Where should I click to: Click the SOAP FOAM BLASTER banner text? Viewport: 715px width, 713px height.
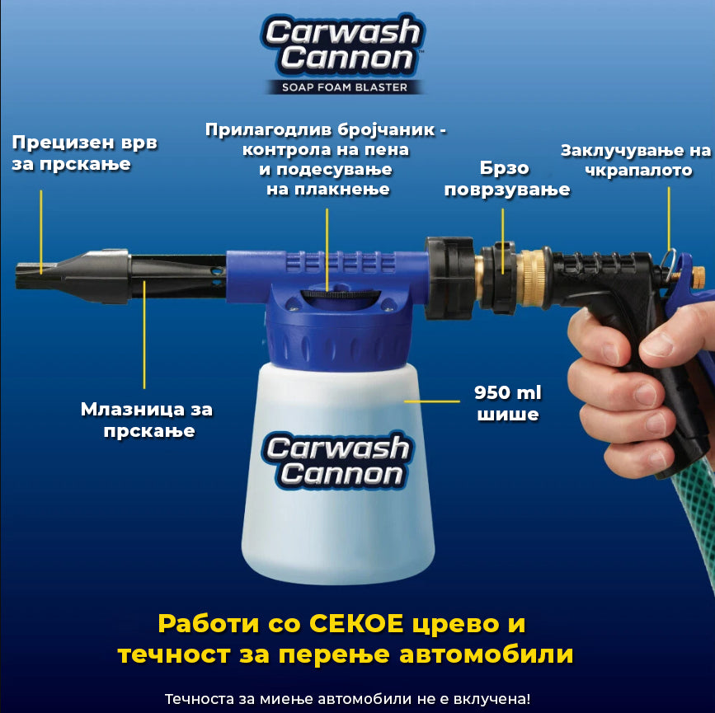pos(344,87)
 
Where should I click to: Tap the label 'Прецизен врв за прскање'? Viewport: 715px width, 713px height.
pos(85,153)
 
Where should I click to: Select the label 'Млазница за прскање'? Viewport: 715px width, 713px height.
pos(147,420)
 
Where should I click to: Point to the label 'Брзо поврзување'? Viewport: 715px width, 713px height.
pos(507,179)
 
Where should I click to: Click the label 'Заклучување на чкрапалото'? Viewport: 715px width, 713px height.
pos(636,160)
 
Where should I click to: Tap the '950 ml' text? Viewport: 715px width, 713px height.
pos(507,392)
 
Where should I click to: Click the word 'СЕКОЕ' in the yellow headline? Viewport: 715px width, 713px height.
pos(356,624)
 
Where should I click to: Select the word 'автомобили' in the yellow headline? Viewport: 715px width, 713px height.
pos(486,654)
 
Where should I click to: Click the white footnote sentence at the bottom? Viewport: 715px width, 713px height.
pos(347,699)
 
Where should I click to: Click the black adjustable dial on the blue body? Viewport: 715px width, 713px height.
pos(340,294)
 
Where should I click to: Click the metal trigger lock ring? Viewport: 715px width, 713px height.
pos(667,265)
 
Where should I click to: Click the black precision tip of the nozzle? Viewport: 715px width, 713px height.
pos(35,275)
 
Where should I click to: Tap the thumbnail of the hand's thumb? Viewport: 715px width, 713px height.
pos(656,346)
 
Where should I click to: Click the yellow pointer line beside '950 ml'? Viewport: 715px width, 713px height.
pos(432,401)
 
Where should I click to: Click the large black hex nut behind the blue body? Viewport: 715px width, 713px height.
pos(450,277)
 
